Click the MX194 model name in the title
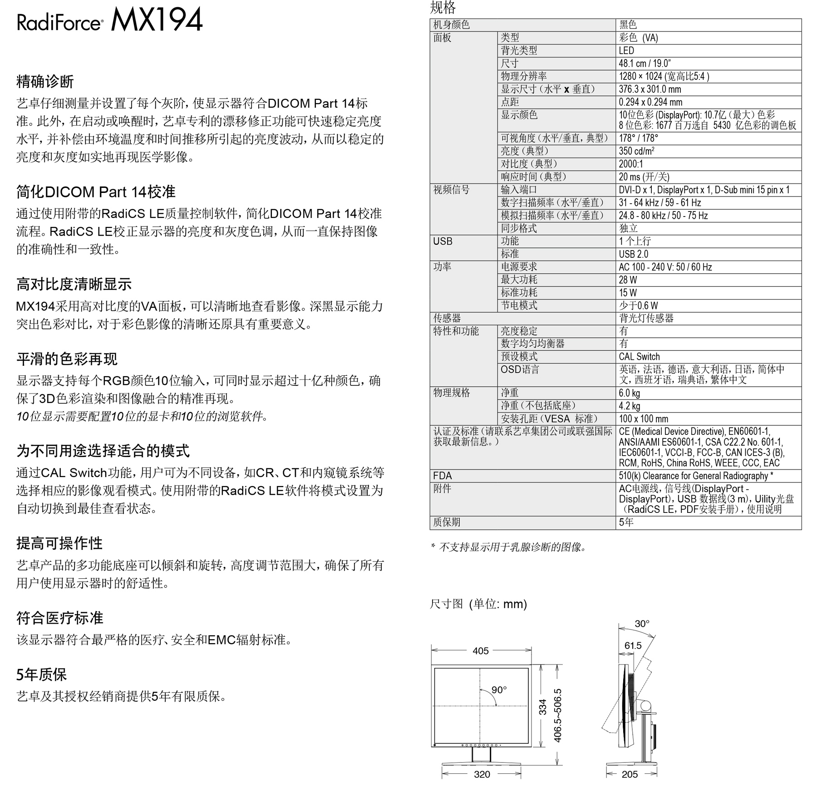tap(157, 20)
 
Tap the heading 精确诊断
tap(45, 82)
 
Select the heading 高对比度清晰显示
tap(74, 284)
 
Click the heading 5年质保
tap(41, 674)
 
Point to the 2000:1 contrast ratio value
tap(631, 164)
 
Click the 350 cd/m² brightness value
tap(636, 151)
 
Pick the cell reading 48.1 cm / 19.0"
tap(645, 64)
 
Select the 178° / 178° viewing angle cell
tap(638, 138)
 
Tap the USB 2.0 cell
tap(633, 254)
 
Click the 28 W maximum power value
tap(628, 280)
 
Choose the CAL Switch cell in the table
tap(639, 357)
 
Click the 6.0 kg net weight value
tap(629, 393)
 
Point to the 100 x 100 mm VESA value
tap(643, 419)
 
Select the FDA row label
tap(443, 476)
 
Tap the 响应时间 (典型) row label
tap(533, 177)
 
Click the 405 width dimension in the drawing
tap(480, 651)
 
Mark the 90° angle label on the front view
tap(499, 690)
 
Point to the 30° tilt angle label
tap(642, 624)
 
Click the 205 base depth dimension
tap(630, 774)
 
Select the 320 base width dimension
tap(482, 774)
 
